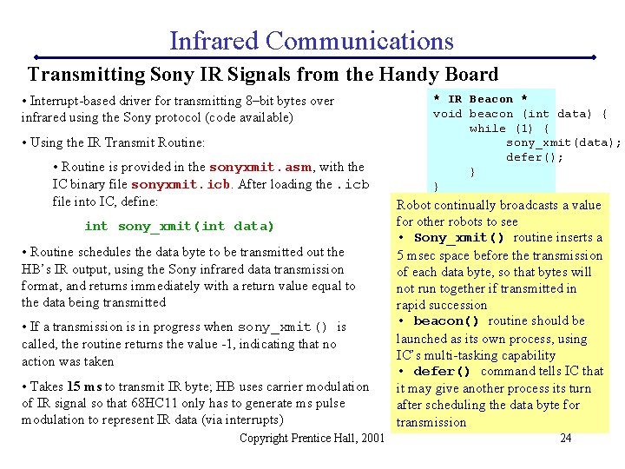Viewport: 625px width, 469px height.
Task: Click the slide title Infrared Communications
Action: (x=311, y=41)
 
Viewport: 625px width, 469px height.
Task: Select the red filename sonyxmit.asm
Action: (x=261, y=167)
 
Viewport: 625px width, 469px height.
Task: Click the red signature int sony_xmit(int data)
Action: (x=179, y=227)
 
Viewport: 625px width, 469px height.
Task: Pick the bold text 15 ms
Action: (x=85, y=386)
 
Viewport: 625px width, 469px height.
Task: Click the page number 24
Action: (x=565, y=438)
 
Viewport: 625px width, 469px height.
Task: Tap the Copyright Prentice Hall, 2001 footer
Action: (x=311, y=438)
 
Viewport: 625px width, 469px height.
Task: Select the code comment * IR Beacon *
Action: (x=480, y=99)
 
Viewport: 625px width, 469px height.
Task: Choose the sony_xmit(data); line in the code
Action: (x=563, y=143)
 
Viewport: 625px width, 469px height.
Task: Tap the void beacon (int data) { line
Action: (x=519, y=114)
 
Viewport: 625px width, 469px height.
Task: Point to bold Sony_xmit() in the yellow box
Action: (x=459, y=238)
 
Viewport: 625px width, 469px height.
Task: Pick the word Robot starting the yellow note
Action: (x=416, y=205)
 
